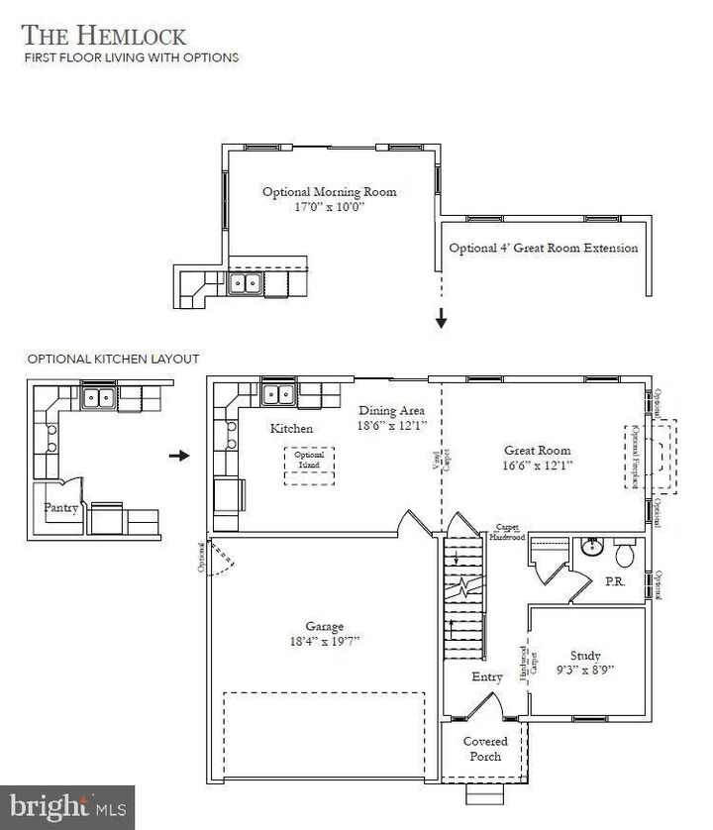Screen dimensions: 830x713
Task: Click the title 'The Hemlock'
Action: [x=104, y=36]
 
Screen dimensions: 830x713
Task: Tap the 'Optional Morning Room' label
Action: [x=329, y=192]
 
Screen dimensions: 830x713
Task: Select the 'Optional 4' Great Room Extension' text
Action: [x=543, y=248]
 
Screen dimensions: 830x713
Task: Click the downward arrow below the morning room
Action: [x=441, y=320]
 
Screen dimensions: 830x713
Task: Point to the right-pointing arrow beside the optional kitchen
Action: [x=178, y=456]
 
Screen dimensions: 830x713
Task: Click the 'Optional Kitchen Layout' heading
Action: [x=113, y=359]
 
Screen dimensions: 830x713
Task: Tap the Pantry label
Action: [x=61, y=507]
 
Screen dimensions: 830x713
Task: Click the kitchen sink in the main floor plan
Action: [x=278, y=394]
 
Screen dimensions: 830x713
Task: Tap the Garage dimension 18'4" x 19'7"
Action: [x=324, y=641]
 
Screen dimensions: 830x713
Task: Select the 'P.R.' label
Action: [x=615, y=582]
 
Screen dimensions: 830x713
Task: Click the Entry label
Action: [x=486, y=675]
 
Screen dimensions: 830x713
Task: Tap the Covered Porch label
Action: [x=485, y=749]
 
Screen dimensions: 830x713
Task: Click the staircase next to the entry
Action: [x=463, y=599]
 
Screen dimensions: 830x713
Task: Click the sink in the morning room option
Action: [x=247, y=284]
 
